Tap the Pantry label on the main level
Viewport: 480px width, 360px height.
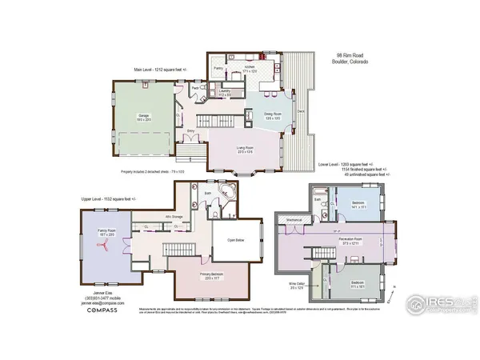click(218, 69)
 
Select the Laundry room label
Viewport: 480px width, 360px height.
click(225, 91)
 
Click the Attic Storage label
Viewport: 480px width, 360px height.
click(176, 216)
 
